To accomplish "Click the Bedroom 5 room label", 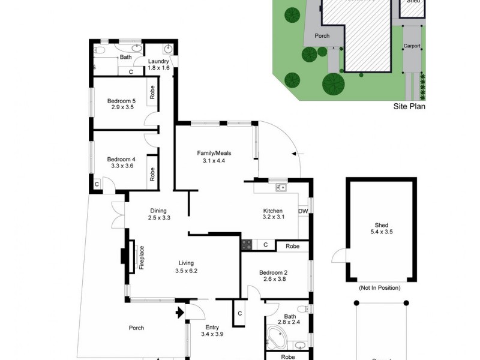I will click(x=122, y=104).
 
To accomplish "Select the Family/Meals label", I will click(x=214, y=157).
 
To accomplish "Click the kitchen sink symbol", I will click(x=280, y=188).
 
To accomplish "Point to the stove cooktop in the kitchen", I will click(x=246, y=245).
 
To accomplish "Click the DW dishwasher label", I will click(x=303, y=211).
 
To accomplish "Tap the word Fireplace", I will click(x=142, y=257).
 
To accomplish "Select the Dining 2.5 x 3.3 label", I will click(x=159, y=214).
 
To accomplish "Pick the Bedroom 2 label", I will click(x=274, y=277).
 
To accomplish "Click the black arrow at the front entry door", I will click(x=178, y=312).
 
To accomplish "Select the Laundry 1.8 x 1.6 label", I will click(x=159, y=65).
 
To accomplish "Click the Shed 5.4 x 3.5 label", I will click(x=381, y=228).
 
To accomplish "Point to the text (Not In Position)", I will click(x=380, y=288).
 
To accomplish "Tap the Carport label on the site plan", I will click(x=412, y=46).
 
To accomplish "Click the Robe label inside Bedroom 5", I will click(x=153, y=93).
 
